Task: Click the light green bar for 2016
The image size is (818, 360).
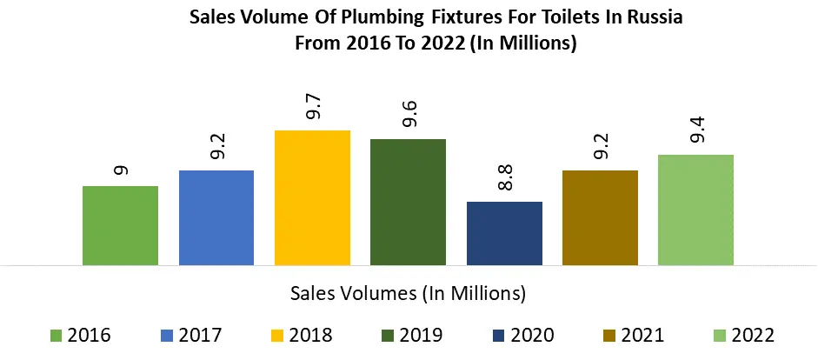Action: [120, 225]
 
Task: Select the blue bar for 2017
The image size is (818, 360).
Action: [216, 217]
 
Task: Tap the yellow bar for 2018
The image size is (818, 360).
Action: [312, 197]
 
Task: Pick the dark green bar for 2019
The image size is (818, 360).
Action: [408, 202]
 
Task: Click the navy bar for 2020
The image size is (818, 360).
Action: [504, 233]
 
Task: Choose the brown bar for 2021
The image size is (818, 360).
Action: [600, 217]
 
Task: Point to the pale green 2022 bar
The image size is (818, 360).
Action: [695, 210]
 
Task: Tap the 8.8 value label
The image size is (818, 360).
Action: [505, 177]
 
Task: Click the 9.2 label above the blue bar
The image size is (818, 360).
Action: [217, 146]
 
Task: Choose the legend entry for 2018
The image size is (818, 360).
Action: [302, 335]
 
